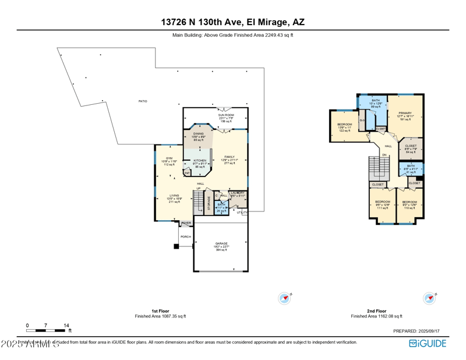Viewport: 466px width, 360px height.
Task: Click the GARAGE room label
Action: [221, 243]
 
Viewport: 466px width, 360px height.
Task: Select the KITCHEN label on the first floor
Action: [200, 161]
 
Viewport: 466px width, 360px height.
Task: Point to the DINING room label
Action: [198, 133]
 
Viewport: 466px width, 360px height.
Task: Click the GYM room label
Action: [169, 158]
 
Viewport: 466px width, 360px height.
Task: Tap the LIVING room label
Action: [174, 196]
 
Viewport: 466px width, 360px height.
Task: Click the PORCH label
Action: [186, 237]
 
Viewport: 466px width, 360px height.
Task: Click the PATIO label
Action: [143, 101]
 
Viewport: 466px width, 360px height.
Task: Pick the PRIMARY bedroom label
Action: [405, 113]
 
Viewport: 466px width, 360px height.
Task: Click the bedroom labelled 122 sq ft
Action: [344, 125]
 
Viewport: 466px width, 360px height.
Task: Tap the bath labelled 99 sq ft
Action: [376, 101]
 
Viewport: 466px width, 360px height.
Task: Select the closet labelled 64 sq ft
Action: [411, 146]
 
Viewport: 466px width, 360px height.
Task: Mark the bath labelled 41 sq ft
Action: [411, 166]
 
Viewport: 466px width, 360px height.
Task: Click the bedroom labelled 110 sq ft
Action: [409, 202]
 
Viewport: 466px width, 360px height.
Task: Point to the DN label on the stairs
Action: [384, 155]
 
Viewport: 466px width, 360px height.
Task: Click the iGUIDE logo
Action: [428, 343]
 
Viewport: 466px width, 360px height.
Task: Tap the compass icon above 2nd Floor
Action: [429, 298]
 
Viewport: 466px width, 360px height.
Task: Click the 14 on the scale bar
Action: [66, 326]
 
